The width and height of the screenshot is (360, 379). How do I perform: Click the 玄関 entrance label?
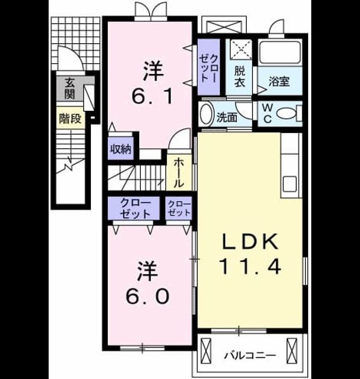(x=70, y=88)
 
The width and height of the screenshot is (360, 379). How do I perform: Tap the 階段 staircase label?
(x=70, y=119)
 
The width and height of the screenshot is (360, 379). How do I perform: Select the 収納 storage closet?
(x=121, y=149)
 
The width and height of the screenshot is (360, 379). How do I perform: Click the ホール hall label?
(x=179, y=173)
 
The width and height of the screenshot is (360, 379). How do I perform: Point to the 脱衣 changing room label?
(x=240, y=76)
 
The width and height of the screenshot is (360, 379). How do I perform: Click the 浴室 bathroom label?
(x=279, y=81)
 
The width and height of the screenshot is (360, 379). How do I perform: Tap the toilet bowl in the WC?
(x=287, y=114)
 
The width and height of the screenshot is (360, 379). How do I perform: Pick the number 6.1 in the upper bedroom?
(x=152, y=96)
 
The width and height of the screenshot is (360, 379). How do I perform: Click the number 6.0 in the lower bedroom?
(x=147, y=296)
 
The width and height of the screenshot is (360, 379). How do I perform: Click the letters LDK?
(x=250, y=241)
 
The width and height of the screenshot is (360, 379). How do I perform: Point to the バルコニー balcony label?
(x=250, y=356)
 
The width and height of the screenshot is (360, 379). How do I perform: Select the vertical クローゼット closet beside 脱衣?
(x=209, y=67)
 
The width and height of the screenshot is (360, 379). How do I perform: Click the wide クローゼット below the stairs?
(x=134, y=208)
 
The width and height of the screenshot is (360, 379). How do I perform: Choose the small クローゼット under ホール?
(x=179, y=208)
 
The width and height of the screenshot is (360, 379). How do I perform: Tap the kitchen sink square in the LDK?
(x=290, y=183)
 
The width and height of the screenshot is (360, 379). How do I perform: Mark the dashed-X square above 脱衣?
(x=241, y=49)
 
